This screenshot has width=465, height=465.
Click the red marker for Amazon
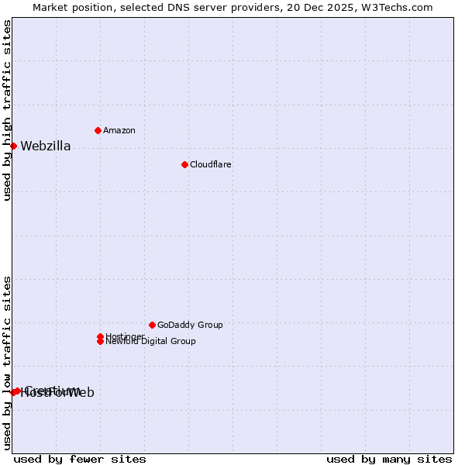[98, 130]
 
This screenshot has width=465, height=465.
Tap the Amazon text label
[119, 130]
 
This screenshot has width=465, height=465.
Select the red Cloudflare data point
[184, 164]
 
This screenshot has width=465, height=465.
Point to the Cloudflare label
[211, 164]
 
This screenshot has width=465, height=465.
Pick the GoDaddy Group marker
[152, 325]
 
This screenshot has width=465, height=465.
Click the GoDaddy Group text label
[190, 325]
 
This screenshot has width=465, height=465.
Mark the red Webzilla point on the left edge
[13, 146]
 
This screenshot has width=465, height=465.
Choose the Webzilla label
[46, 146]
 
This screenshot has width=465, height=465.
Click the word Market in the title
[50, 7]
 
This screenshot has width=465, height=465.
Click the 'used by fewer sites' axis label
[80, 459]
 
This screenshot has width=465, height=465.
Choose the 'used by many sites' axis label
[389, 459]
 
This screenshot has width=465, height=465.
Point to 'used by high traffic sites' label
[8, 110]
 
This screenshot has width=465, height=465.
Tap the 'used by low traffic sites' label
[8, 363]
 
